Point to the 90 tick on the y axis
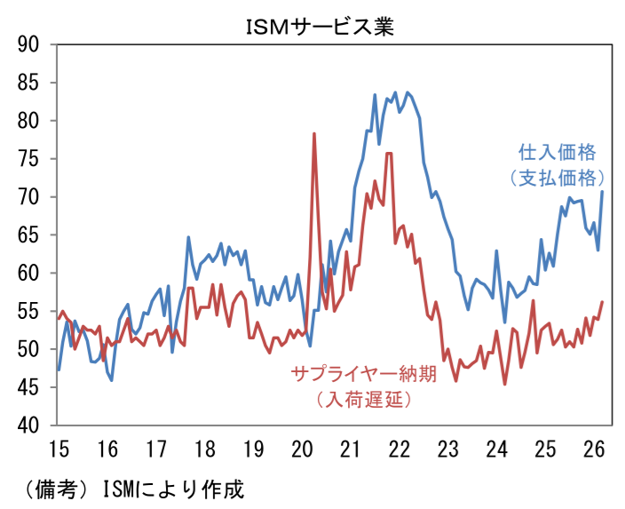[31, 44]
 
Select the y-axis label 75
[31, 159]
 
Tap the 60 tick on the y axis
[31, 274]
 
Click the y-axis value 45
[31, 388]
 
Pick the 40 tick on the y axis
[31, 425]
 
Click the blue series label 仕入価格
[557, 151]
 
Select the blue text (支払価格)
[557, 177]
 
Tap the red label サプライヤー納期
[363, 373]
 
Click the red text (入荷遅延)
[363, 399]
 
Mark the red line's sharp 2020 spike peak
[314, 134]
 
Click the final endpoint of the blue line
[603, 192]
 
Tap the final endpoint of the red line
[603, 302]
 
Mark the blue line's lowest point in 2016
[111, 380]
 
